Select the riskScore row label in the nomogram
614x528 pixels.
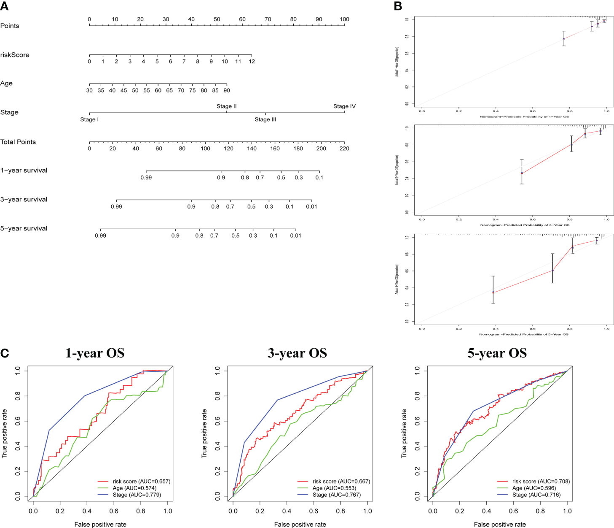coord(15,55)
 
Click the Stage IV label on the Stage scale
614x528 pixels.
coord(344,106)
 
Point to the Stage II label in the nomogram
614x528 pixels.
coord(226,106)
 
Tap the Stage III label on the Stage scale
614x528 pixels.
coord(265,119)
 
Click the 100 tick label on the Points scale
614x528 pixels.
coord(344,19)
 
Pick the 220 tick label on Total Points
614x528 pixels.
coord(344,149)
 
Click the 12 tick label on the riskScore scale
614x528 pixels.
coord(252,62)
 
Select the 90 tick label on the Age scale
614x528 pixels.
coord(227,90)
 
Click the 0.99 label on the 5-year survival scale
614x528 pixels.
coord(100,236)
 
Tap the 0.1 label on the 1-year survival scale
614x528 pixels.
coord(319,178)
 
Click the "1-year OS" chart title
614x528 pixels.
coord(95,353)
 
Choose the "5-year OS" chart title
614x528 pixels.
coord(497,353)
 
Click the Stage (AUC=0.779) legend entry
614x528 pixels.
coord(137,495)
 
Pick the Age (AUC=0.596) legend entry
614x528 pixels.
coord(536,488)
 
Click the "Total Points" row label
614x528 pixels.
coord(18,142)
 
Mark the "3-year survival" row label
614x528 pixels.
coord(24,199)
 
